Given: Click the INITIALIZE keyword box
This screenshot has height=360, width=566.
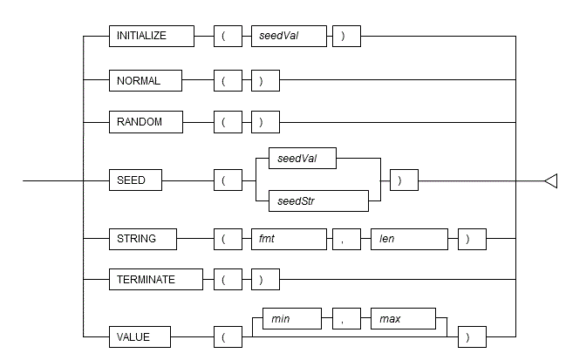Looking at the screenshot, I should [x=150, y=37].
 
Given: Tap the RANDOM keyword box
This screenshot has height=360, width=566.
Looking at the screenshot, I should [x=145, y=122].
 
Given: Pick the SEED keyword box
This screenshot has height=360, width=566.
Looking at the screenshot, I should [x=134, y=180].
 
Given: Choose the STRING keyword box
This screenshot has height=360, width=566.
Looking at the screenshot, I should [x=142, y=238].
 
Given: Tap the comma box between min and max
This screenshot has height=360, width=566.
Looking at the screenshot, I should [x=344, y=318].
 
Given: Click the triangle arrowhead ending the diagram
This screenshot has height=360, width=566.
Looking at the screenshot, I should [x=550, y=180].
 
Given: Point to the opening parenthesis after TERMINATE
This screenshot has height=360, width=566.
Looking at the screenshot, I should [x=224, y=280].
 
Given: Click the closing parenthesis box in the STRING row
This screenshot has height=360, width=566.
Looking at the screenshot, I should [x=472, y=238].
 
